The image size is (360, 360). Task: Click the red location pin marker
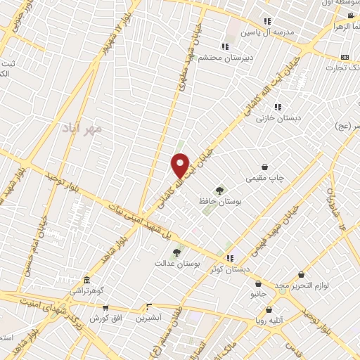(181, 165)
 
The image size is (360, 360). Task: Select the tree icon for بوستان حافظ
(220, 190)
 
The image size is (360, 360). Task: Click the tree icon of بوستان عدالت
(176, 252)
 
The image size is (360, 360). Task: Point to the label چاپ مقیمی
(264, 179)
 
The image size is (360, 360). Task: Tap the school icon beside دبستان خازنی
(278, 107)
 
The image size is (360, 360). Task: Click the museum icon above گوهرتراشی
(86, 279)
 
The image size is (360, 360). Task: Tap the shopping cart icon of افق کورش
(105, 307)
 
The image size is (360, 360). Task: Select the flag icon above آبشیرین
(148, 307)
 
